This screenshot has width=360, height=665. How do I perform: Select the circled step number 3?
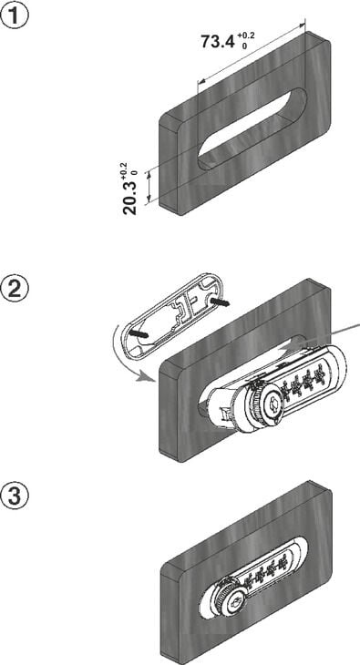point(15,496)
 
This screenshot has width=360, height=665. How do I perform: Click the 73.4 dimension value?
point(218,42)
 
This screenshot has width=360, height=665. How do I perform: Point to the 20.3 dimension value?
point(130,198)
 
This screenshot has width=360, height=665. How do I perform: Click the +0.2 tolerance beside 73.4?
point(245,36)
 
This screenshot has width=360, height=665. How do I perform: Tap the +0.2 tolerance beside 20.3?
point(124,169)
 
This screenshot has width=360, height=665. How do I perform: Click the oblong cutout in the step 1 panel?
point(252,129)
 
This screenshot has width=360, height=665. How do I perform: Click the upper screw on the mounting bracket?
point(220,302)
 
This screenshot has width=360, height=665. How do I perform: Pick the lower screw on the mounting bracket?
point(138,333)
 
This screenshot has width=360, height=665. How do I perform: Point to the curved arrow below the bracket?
point(120,358)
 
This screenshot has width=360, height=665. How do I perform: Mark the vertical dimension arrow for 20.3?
point(149,187)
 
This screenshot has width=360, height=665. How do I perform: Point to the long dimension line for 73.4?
point(252,52)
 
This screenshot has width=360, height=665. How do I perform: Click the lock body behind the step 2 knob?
point(225,404)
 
